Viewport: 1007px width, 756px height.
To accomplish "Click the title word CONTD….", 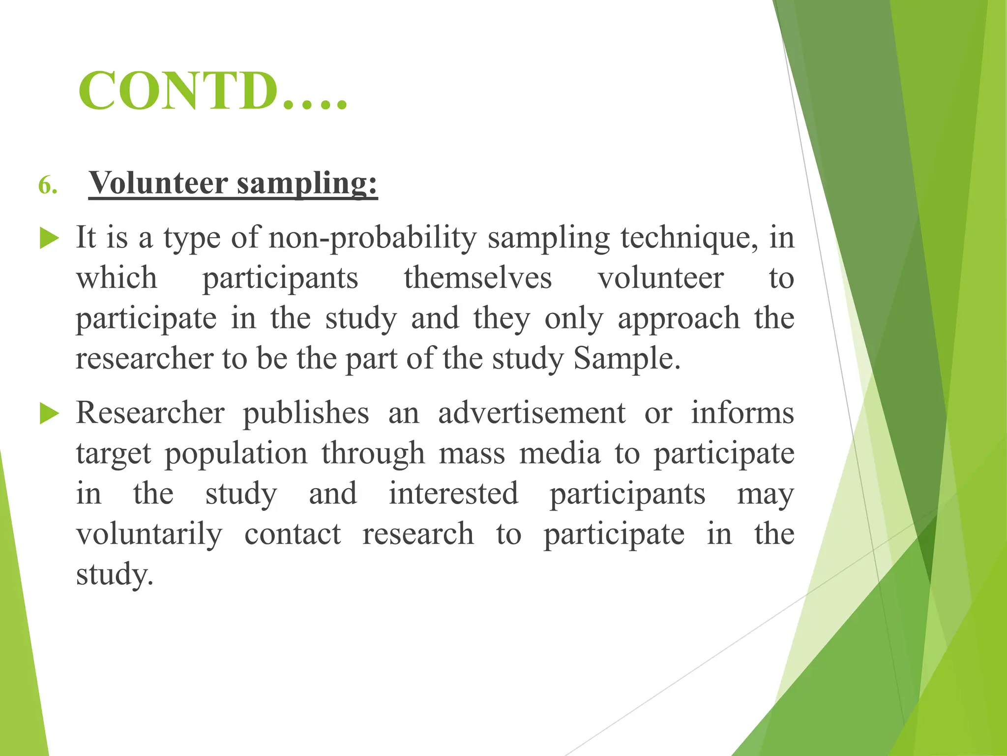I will coord(212,91).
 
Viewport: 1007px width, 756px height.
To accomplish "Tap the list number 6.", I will coord(48,186).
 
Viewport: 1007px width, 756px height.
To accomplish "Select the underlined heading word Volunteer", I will coord(158,183).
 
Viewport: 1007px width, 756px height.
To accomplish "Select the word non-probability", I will coord(373,238).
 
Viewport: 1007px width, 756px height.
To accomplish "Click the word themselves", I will coord(478,278).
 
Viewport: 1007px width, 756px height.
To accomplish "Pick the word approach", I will coord(679,319).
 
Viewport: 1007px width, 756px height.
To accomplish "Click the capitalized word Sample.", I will coord(627,359).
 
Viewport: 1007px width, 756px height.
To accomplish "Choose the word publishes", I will coord(306,413).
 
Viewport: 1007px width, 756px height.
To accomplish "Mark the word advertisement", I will coord(532,413).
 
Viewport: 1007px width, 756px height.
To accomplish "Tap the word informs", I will coord(742,413).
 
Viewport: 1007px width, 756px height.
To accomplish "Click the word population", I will coord(236,454).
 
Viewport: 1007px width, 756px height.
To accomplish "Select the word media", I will coord(560,453).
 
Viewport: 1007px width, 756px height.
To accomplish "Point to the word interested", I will coord(453,494).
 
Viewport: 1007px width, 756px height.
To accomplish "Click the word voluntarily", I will coord(149,535).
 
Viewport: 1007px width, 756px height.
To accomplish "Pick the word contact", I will coord(293,534).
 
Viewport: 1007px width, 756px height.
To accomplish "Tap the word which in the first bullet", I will coord(117,278).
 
